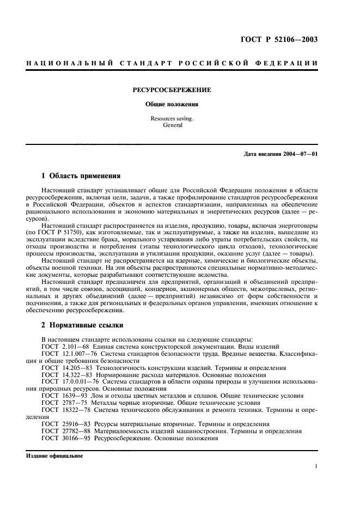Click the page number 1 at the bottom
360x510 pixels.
click(315, 466)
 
